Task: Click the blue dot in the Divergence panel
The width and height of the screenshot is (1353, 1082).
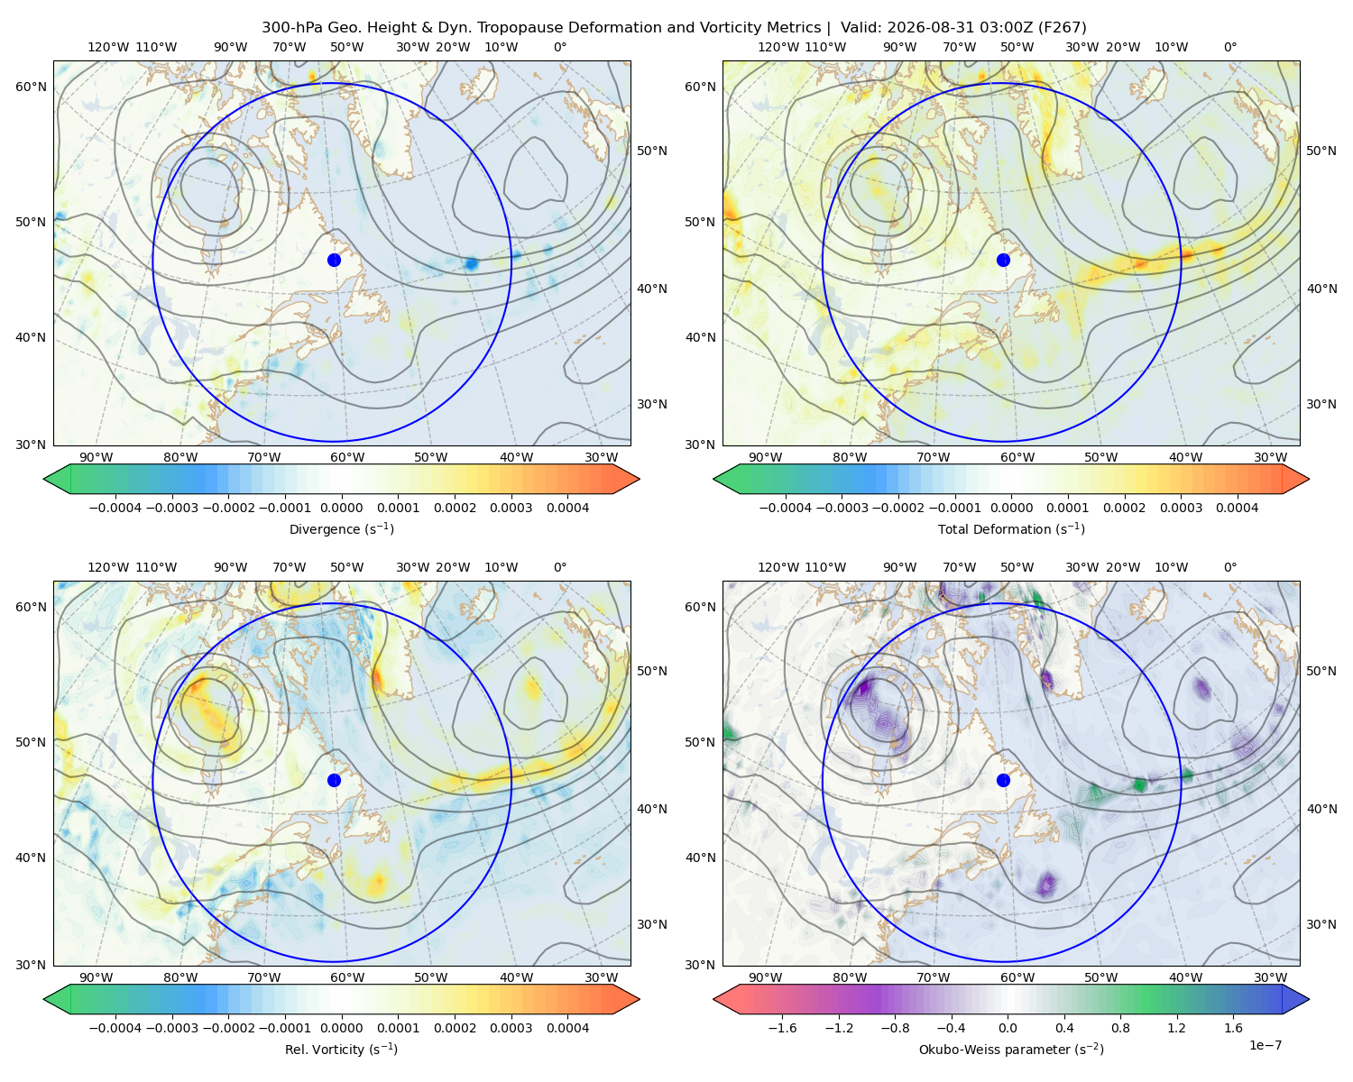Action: point(334,260)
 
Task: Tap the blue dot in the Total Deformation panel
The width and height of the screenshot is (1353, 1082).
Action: point(1003,260)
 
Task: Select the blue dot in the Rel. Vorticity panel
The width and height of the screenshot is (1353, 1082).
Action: point(334,780)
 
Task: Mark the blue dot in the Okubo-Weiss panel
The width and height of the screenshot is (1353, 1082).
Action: point(1003,780)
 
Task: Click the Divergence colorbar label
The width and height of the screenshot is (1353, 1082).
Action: point(341,528)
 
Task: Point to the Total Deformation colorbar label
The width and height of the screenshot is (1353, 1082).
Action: point(1011,528)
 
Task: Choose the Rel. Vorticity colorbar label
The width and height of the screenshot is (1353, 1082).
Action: point(341,1049)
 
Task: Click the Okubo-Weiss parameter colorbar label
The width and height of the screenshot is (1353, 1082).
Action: point(1011,1049)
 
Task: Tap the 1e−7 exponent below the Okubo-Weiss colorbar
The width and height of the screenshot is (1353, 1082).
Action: point(1265,1045)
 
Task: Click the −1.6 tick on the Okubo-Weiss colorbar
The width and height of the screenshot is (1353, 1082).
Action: point(782,1027)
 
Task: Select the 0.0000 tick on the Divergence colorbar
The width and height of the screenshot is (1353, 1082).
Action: point(341,508)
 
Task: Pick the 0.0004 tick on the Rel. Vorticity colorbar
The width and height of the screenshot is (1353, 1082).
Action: point(567,1027)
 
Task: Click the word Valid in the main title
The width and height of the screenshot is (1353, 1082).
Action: point(860,28)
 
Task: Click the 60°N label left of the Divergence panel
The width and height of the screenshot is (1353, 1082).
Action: point(31,87)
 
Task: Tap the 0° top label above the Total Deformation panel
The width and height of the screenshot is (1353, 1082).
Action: point(1229,47)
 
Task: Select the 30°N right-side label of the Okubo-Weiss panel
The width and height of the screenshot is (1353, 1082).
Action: point(1321,924)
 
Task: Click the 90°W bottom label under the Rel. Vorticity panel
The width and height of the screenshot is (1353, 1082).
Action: point(97,977)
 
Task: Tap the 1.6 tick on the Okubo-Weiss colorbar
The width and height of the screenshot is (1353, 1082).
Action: point(1233,1027)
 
